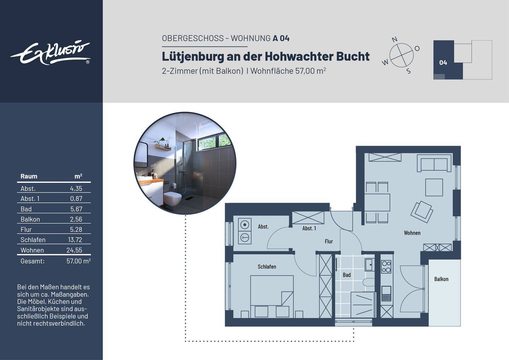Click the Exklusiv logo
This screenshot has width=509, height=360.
51,53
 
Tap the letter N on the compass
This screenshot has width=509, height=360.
395,40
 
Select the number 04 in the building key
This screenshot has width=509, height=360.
443,63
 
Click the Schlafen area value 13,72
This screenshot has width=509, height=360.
75,240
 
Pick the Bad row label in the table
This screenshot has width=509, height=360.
26,209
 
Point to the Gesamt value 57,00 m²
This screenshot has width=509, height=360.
78,261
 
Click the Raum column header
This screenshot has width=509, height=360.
29,176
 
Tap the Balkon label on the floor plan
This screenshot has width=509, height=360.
441,279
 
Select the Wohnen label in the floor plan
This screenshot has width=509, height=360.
412,233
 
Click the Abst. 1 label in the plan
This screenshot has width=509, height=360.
309,228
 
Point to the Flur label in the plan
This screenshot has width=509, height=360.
329,241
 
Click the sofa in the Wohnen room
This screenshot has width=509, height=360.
433,164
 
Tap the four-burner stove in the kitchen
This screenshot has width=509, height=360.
386,267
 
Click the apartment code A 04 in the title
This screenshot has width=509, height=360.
281,38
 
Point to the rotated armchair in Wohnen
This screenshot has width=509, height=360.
422,211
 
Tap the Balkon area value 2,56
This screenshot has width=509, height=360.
76,219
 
